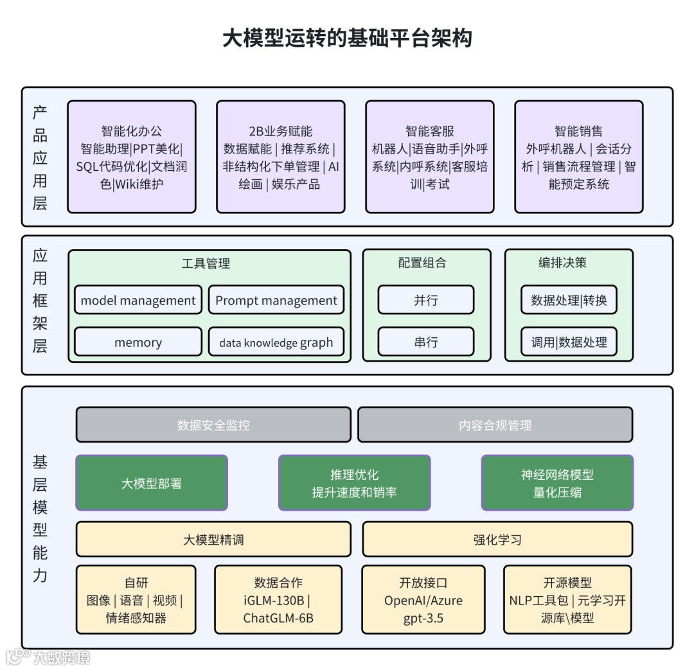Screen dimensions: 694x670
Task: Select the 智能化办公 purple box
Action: [x=132, y=157]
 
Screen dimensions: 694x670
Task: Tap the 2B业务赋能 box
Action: [x=281, y=157]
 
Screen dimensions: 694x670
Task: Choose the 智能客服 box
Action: [x=430, y=157]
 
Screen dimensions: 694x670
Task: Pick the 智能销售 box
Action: [x=578, y=157]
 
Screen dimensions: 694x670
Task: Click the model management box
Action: [x=138, y=300]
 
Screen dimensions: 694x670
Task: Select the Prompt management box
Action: [x=276, y=300]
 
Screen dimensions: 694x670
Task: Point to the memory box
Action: [x=138, y=342]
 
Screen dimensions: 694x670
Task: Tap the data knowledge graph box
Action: [x=276, y=342]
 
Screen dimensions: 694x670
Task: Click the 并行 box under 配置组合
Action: [x=426, y=300]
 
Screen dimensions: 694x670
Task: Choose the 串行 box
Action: [x=426, y=342]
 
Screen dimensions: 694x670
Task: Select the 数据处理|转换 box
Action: [x=569, y=300]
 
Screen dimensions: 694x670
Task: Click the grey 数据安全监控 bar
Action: [x=213, y=425]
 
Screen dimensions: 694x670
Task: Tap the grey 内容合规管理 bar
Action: [x=495, y=425]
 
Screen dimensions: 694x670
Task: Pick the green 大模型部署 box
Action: [x=152, y=483]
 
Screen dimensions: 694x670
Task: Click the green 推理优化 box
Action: [x=354, y=483]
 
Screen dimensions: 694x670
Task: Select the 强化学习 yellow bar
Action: [x=497, y=539]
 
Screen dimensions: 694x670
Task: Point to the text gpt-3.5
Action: [x=423, y=619]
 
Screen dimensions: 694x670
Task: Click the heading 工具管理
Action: [x=206, y=263]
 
